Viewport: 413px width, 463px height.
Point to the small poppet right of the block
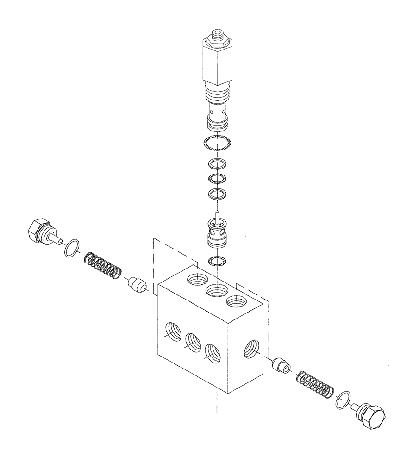tap(281, 365)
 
